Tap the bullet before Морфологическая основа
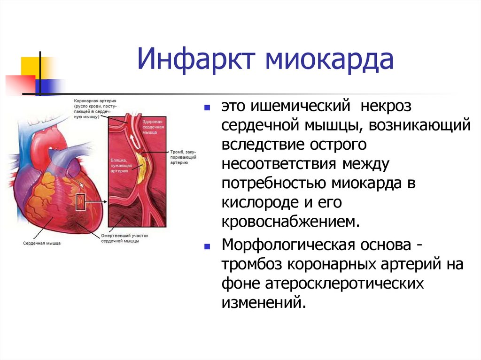pyautogui.click(x=207, y=246)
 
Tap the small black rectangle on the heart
pyautogui.click(x=80, y=203)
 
